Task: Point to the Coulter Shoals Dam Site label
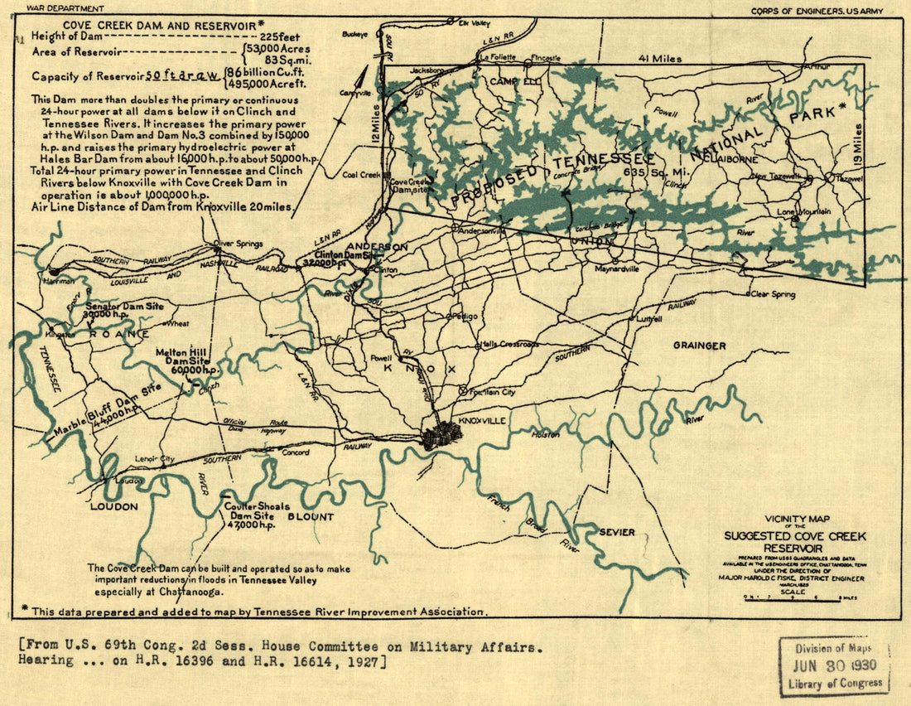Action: pyautogui.click(x=251, y=515)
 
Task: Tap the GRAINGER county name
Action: pyautogui.click(x=699, y=346)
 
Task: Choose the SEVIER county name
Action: pyautogui.click(x=617, y=532)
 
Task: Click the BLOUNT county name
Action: pyautogui.click(x=310, y=516)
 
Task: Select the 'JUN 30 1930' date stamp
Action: pyautogui.click(x=835, y=665)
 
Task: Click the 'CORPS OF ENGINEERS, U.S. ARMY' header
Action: pyautogui.click(x=817, y=11)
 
